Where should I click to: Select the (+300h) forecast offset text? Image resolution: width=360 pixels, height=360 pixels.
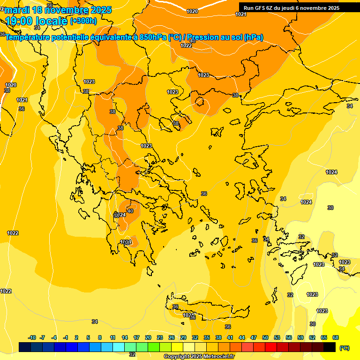pyautogui.click(x=83, y=21)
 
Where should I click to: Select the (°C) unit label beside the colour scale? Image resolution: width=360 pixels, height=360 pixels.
pyautogui.click(x=344, y=348)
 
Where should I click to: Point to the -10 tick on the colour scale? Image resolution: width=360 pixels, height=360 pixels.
pyautogui.click(x=32, y=337)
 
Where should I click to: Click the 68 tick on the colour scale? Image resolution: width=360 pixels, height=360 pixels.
pyautogui.click(x=336, y=337)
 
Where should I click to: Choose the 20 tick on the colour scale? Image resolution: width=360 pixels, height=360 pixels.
pyautogui.click(x=148, y=337)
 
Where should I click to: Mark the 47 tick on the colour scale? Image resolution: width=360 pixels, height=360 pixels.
pyautogui.click(x=254, y=337)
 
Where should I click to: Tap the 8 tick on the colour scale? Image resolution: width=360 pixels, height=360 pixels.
pyautogui.click(x=100, y=337)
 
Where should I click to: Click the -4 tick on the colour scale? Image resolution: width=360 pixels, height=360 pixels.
pyautogui.click(x=54, y=337)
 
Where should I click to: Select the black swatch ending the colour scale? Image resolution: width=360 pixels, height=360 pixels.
pyautogui.click(x=330, y=347)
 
